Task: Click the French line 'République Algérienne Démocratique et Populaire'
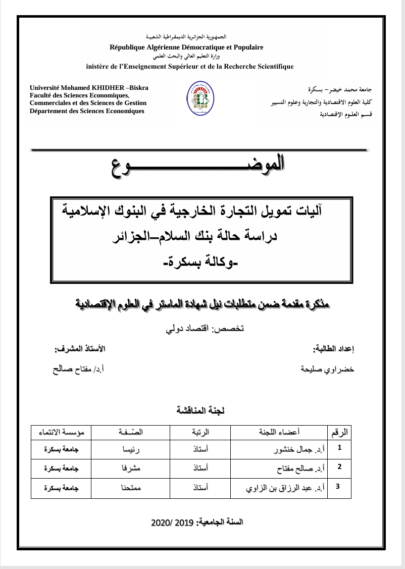click(186, 47)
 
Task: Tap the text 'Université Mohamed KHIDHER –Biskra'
click(89, 88)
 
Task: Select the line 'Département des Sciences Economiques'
click(87, 111)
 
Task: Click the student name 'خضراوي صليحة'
click(328, 369)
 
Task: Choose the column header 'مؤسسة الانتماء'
click(62, 432)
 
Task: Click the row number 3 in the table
click(338, 487)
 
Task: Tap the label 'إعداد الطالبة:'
click(334, 349)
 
